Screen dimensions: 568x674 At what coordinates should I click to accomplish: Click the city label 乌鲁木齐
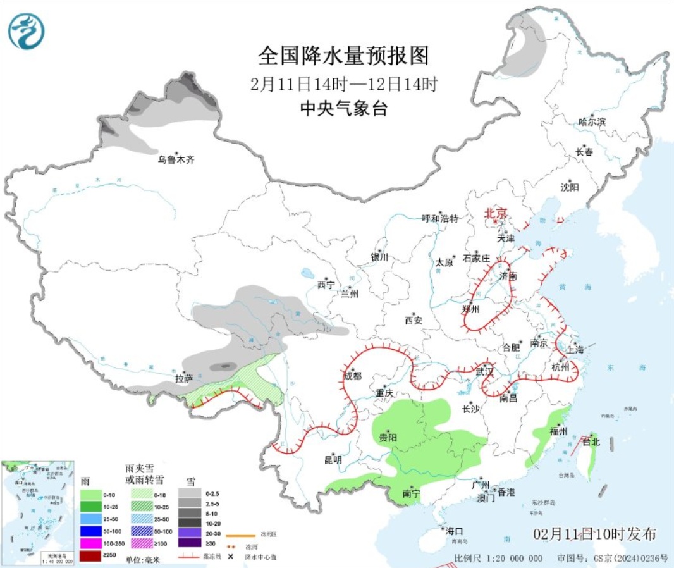point(176,160)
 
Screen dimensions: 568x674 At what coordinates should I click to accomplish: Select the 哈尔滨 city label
point(592,121)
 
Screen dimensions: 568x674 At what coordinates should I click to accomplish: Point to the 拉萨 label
point(184,379)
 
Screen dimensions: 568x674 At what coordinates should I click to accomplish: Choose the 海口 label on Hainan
point(453,531)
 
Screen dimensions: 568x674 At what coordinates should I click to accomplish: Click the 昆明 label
point(333,460)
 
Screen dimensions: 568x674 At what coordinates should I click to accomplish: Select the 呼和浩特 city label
point(439,219)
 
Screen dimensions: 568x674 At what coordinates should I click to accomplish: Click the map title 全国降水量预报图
point(343,56)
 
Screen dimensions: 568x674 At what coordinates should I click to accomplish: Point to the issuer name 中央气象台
point(343,108)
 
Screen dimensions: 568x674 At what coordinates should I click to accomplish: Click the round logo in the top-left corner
point(27,31)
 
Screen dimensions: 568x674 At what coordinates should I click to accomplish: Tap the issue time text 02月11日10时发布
point(594,534)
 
